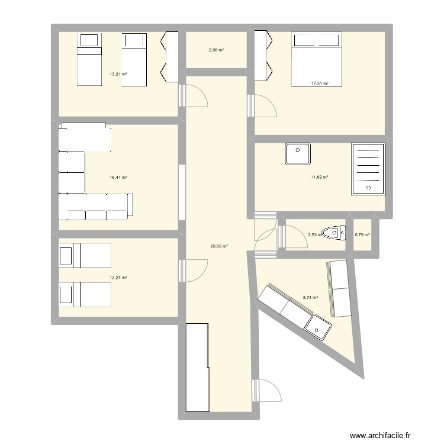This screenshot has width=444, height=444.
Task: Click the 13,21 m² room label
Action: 118,74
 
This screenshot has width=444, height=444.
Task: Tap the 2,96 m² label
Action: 216,50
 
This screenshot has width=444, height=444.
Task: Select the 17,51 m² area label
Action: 320,83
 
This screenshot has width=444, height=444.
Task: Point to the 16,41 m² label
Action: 118,177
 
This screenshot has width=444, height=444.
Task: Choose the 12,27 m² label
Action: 118,277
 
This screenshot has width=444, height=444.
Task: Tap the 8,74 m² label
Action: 310,298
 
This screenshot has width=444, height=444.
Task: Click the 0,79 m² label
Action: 362,235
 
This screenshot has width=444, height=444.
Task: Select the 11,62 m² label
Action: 320,177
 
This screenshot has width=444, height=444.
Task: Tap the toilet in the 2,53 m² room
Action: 334,233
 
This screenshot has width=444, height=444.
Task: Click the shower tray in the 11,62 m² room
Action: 368,168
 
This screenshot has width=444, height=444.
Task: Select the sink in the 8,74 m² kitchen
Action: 318,327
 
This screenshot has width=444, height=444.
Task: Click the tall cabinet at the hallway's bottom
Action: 198,367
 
